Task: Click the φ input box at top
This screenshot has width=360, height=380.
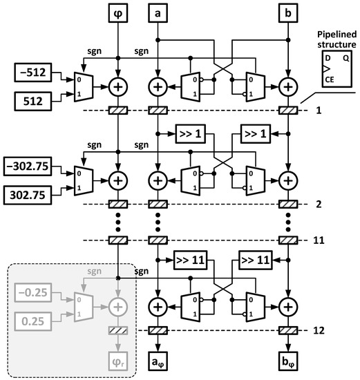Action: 120,12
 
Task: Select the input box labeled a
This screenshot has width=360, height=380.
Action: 158,12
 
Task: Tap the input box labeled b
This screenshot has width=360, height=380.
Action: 288,12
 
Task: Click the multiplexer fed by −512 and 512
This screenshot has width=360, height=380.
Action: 82,86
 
